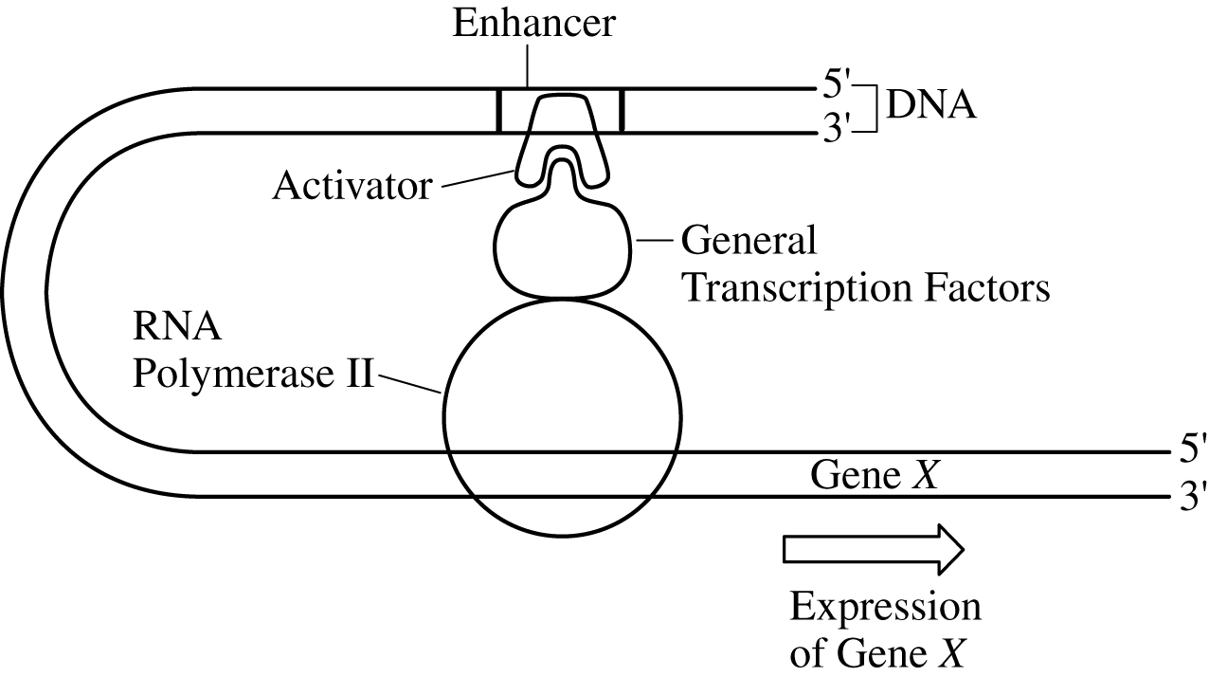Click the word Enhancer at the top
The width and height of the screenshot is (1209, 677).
[533, 24]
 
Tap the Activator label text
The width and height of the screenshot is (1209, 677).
[352, 186]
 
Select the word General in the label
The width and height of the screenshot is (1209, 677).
[749, 242]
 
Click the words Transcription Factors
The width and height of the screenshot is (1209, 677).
[866, 287]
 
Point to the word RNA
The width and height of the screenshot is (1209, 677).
[176, 331]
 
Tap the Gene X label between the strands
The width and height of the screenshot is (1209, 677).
[874, 475]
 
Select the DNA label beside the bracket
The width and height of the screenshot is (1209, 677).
[929, 106]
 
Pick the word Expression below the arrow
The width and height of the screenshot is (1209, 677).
[885, 608]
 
